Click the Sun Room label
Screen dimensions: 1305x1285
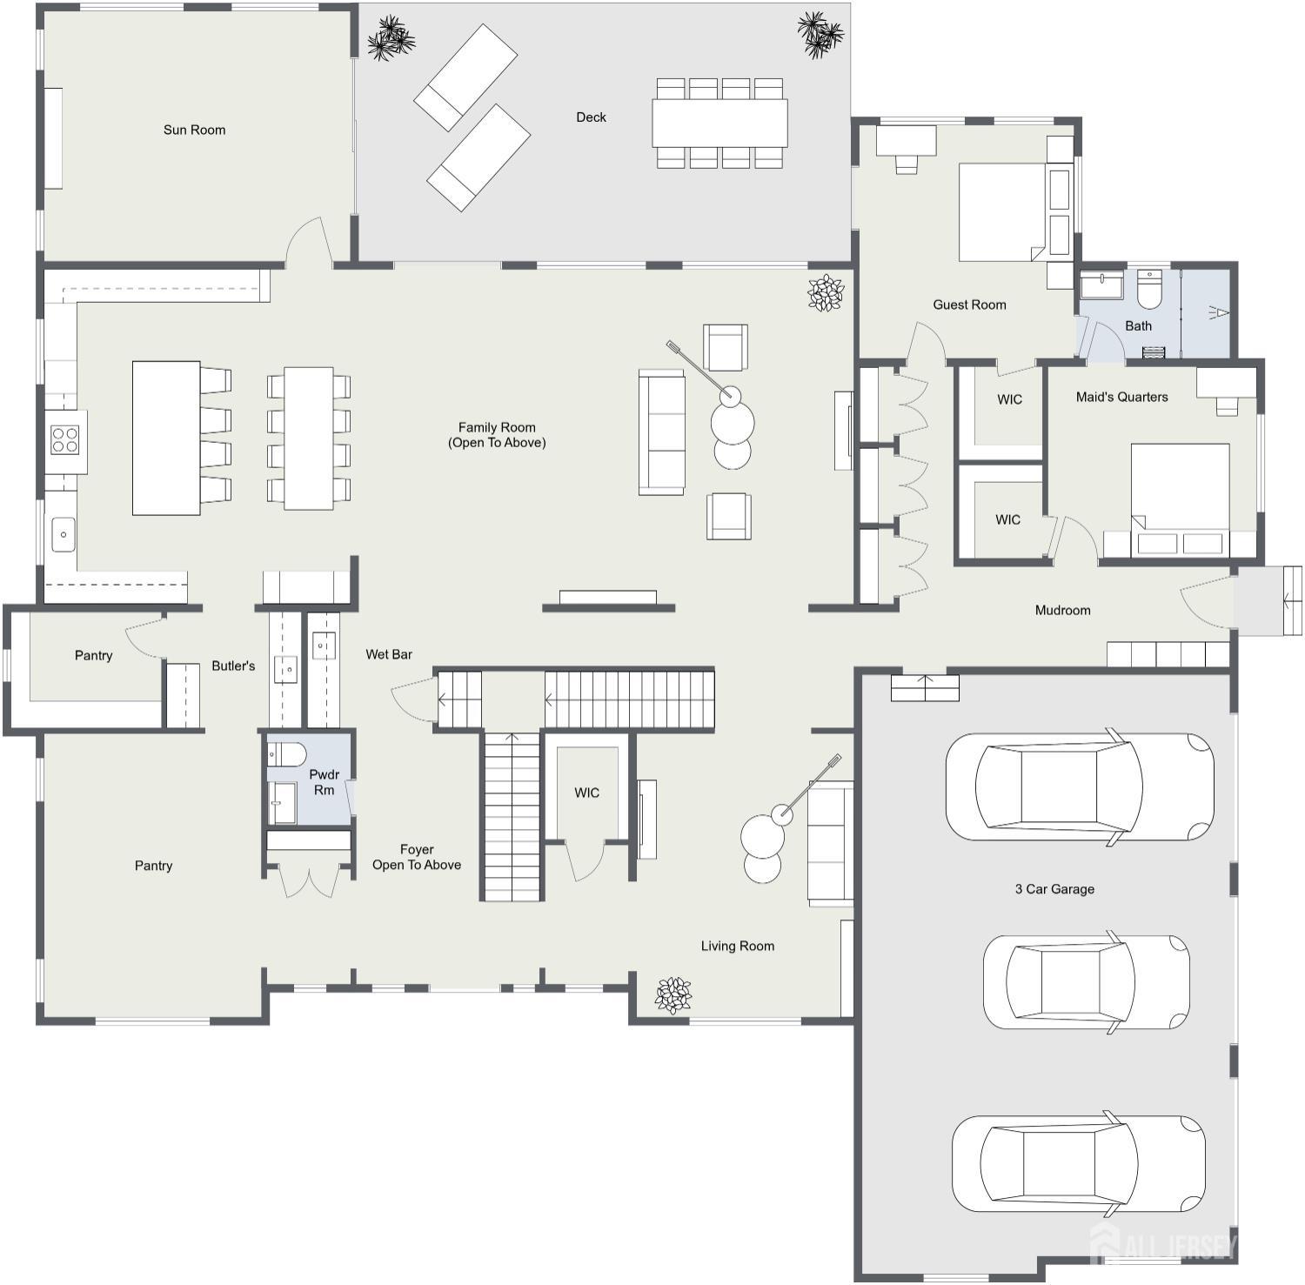(194, 130)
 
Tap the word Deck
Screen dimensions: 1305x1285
(591, 117)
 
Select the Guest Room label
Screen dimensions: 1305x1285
(969, 305)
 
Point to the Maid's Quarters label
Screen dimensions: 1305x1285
(1121, 397)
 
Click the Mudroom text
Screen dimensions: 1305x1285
(1062, 610)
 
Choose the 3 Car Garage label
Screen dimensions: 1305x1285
(1054, 889)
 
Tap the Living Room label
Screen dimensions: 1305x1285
(738, 946)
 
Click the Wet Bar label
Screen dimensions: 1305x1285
(389, 654)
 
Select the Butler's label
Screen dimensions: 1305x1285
(233, 666)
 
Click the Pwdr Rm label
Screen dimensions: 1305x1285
(325, 782)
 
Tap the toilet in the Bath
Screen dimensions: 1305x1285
(1149, 290)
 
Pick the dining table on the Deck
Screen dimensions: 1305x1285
(719, 123)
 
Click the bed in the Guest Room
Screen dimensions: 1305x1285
(1002, 211)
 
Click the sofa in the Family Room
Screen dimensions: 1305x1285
(662, 432)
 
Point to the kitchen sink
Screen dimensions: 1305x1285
(64, 534)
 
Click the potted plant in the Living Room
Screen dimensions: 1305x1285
(673, 995)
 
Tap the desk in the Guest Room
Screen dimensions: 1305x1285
(906, 140)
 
